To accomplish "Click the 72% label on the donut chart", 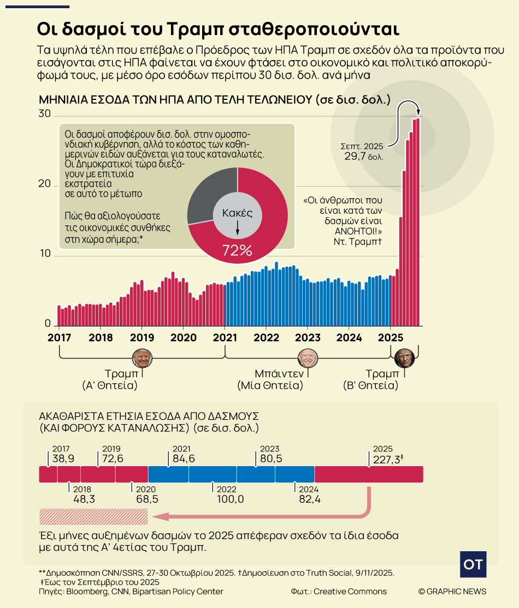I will (237, 251).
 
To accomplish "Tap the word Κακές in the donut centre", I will (237, 212).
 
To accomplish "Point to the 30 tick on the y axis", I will (44, 114).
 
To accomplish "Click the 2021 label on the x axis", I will (225, 337).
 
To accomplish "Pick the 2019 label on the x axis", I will (142, 337).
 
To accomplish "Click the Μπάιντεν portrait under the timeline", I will (308, 359).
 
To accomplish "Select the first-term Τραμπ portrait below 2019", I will (143, 359).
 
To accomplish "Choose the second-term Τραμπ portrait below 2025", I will (405, 359).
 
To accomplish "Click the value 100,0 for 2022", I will (230, 499).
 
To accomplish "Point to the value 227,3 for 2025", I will (387, 460).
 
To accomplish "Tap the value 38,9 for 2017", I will (63, 458).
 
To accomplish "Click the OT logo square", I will (473, 564).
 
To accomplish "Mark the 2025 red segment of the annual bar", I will (369, 474).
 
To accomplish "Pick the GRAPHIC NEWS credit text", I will (452, 592).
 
